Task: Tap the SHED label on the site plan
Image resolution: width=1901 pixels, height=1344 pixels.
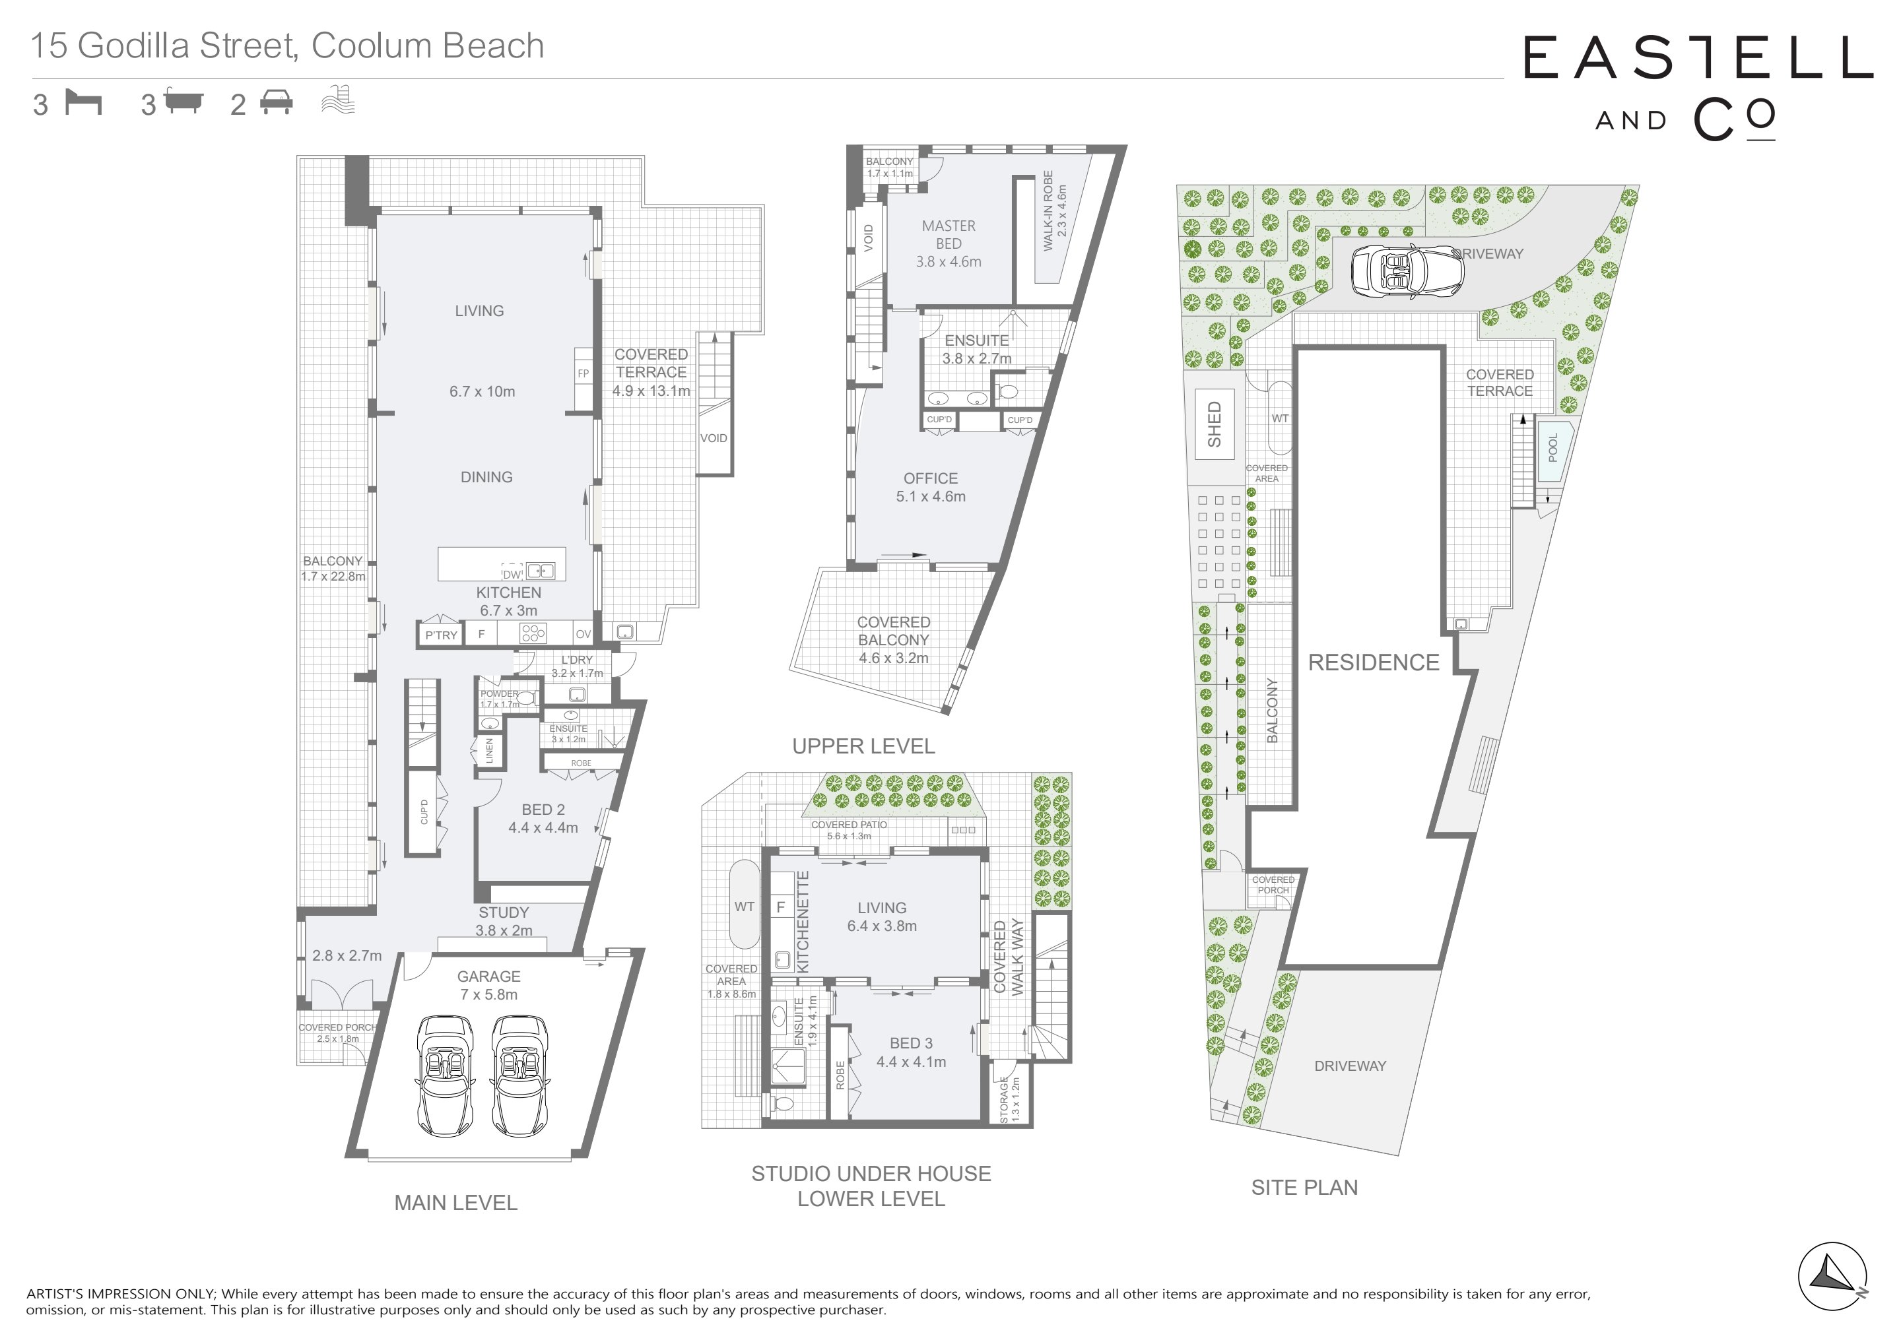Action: (1215, 424)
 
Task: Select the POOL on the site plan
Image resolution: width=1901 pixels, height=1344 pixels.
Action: (1552, 448)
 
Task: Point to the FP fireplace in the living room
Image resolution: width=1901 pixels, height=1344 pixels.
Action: (584, 373)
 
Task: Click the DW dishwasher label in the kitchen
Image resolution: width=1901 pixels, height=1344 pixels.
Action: (512, 574)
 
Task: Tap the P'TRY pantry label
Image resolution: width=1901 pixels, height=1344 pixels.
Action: (442, 635)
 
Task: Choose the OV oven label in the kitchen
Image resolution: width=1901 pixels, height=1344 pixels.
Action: (584, 634)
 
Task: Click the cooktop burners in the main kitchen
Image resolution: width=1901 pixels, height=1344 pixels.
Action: (533, 634)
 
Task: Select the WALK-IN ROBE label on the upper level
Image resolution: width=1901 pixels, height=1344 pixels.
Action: (1055, 211)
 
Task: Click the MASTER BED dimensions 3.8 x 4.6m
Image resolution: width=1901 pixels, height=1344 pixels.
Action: (949, 261)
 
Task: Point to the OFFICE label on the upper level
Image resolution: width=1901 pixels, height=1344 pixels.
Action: (931, 478)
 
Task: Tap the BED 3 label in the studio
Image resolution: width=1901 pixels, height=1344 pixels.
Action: (912, 1044)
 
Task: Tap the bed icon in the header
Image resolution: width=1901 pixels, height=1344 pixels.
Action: (84, 104)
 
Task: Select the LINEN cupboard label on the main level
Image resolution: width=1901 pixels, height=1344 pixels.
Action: (489, 751)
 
